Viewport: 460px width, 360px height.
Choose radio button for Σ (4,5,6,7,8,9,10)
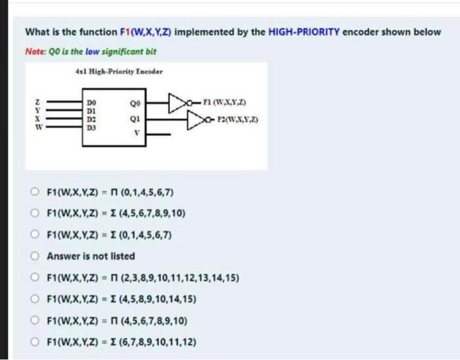point(37,214)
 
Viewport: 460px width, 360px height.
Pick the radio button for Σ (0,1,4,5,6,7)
point(37,235)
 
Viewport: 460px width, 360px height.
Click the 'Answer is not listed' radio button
point(37,256)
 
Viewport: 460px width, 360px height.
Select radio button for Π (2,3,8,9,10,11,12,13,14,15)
point(37,277)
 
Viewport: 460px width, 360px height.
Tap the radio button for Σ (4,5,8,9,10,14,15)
point(37,300)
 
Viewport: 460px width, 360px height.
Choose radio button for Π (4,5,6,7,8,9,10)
point(37,321)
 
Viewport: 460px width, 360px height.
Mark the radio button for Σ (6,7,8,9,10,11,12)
point(37,342)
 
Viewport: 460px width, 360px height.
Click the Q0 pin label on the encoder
point(135,104)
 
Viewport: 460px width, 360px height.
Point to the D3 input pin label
point(91,128)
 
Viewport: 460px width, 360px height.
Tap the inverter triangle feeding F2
point(196,120)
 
